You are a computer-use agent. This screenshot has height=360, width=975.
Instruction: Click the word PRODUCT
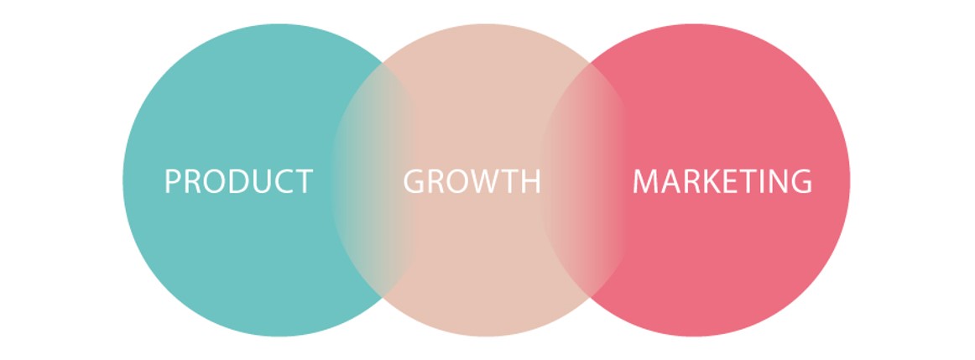point(238,181)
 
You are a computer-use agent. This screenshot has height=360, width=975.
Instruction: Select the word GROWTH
point(472,181)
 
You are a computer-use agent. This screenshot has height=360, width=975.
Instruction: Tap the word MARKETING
point(722,181)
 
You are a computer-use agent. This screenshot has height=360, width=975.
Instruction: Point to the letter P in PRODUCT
point(173,181)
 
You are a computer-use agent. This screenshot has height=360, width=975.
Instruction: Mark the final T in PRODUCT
point(302,181)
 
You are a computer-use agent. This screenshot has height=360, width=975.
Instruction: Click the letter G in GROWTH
point(415,181)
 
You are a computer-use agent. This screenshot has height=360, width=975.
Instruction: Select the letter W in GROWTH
point(487,181)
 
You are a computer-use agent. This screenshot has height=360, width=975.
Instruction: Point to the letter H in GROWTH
point(530,181)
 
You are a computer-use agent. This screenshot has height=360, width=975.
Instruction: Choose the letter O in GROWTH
point(460,181)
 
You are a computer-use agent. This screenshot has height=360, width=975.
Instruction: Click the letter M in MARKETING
point(646,181)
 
